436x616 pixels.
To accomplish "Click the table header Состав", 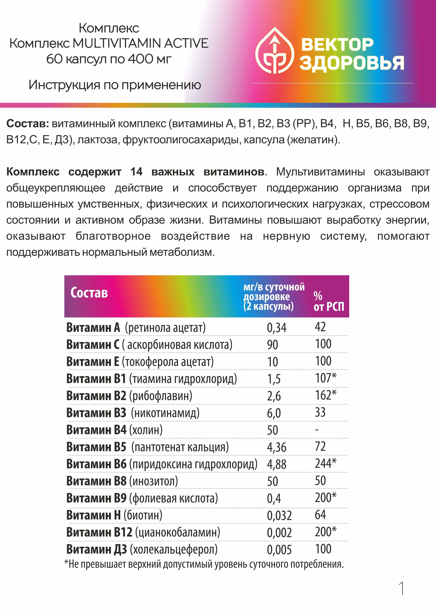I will point(89,293).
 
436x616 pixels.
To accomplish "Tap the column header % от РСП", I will point(329,302).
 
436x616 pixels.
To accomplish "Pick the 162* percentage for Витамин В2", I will point(325,395).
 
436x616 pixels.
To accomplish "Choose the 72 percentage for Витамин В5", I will point(320,446).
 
